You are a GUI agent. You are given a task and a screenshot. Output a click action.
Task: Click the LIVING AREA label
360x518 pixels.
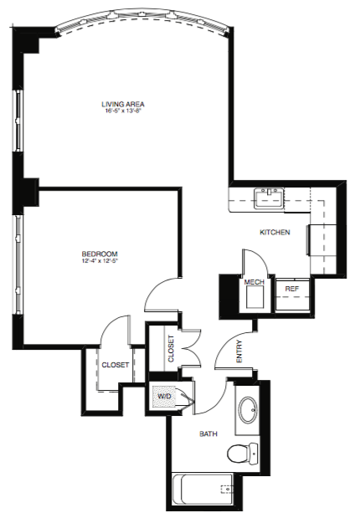(x=123, y=104)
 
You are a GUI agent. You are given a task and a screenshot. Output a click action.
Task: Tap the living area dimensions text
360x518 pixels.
(x=123, y=111)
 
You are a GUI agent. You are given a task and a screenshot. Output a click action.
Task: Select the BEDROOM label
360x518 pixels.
(x=100, y=254)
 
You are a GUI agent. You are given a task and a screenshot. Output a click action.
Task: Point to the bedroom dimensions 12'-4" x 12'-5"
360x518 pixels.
(x=100, y=261)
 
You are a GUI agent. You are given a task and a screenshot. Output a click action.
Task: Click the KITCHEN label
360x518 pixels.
(x=275, y=233)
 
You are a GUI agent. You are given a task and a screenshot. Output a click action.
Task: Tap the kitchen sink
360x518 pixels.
(x=269, y=198)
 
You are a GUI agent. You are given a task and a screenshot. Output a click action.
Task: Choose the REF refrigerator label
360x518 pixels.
(x=292, y=289)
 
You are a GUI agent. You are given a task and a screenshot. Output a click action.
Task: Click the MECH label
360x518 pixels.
(x=255, y=282)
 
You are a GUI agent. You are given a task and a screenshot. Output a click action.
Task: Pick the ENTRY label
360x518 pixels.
(x=239, y=351)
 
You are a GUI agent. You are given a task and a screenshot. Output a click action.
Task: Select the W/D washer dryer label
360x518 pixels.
(x=164, y=396)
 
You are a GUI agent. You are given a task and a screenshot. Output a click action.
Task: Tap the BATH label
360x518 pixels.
(x=208, y=433)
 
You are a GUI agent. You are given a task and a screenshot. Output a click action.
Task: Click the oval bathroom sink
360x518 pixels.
(x=248, y=410)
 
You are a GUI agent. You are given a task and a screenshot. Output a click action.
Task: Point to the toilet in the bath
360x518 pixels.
(x=243, y=454)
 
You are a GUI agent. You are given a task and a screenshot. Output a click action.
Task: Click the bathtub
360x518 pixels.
(x=203, y=489)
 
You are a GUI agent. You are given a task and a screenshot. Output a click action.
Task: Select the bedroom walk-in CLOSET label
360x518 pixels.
(x=115, y=365)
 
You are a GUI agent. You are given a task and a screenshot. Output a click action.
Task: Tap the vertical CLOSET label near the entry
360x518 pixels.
(x=172, y=349)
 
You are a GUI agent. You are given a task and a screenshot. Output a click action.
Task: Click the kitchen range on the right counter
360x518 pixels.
(x=322, y=240)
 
